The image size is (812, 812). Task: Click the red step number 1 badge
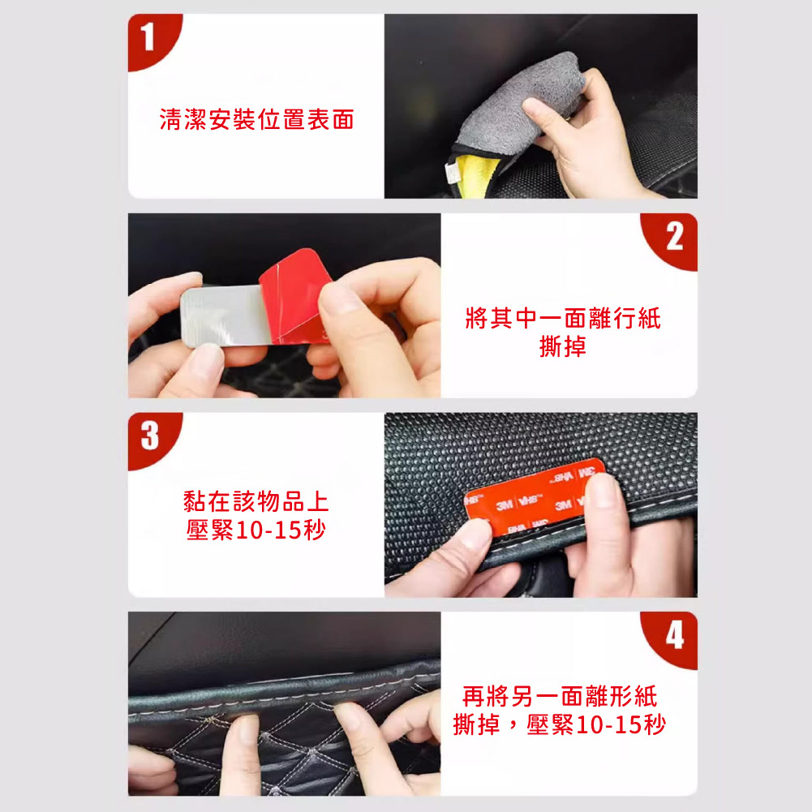pos(151,40)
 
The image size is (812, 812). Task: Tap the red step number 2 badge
pos(672,239)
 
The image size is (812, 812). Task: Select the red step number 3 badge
pos(151,438)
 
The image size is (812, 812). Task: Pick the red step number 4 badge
pos(672,638)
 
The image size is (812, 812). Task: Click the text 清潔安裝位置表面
pos(257,119)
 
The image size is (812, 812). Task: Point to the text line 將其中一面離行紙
pos(563,318)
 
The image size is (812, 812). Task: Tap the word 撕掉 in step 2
pos(563,346)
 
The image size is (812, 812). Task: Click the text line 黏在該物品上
pos(256,501)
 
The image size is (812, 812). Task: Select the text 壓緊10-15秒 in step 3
pos(256,530)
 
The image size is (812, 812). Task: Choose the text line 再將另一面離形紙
pos(560,697)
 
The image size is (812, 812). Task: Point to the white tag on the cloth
pos(452,173)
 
